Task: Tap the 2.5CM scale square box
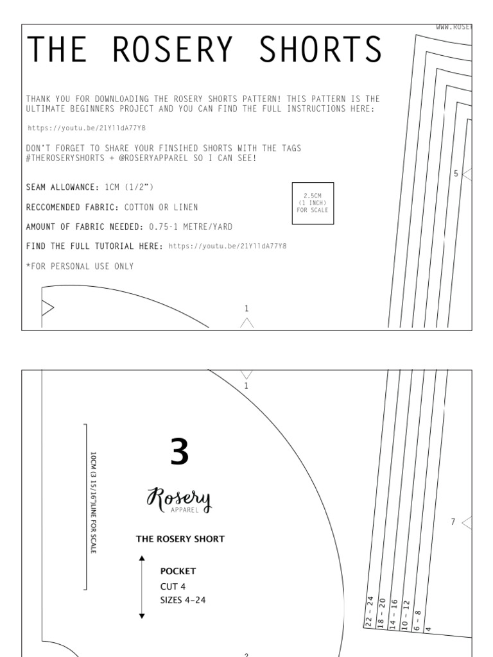pyautogui.click(x=313, y=203)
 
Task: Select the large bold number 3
pyautogui.click(x=180, y=452)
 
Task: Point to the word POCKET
pyautogui.click(x=178, y=571)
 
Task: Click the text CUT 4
pyautogui.click(x=173, y=586)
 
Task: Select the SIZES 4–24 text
pyautogui.click(x=183, y=600)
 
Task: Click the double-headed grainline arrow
pyautogui.click(x=142, y=588)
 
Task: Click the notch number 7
pyautogui.click(x=453, y=522)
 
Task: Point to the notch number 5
pyautogui.click(x=456, y=173)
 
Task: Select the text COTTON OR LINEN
pyautogui.click(x=161, y=207)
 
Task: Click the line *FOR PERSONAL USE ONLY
pyautogui.click(x=80, y=266)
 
